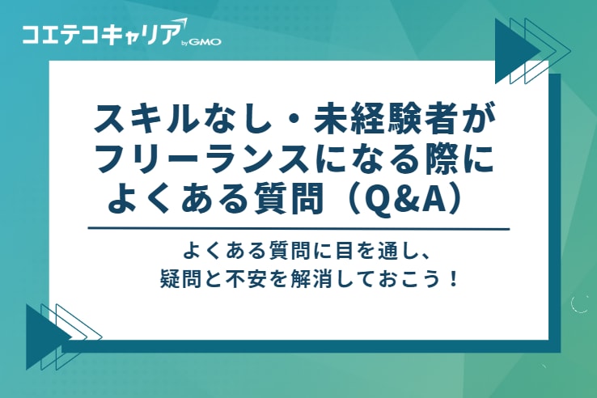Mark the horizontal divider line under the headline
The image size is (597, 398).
(x=298, y=229)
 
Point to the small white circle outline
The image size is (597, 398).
(x=580, y=304)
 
